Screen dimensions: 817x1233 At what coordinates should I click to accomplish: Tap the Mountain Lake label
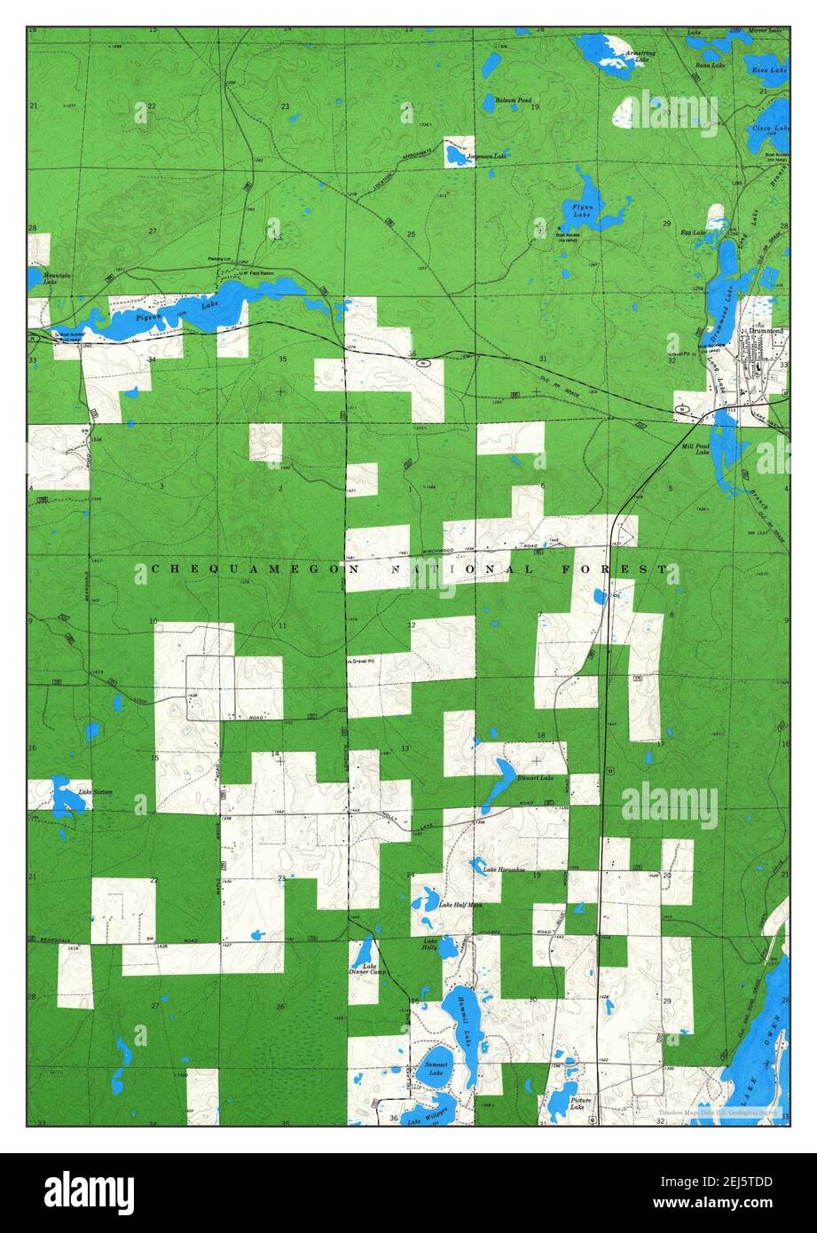click(x=57, y=279)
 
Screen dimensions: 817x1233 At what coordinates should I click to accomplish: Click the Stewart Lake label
click(x=535, y=778)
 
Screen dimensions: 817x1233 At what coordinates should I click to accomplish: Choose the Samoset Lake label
click(x=435, y=1068)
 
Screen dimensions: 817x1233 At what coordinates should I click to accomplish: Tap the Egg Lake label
click(x=693, y=232)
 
